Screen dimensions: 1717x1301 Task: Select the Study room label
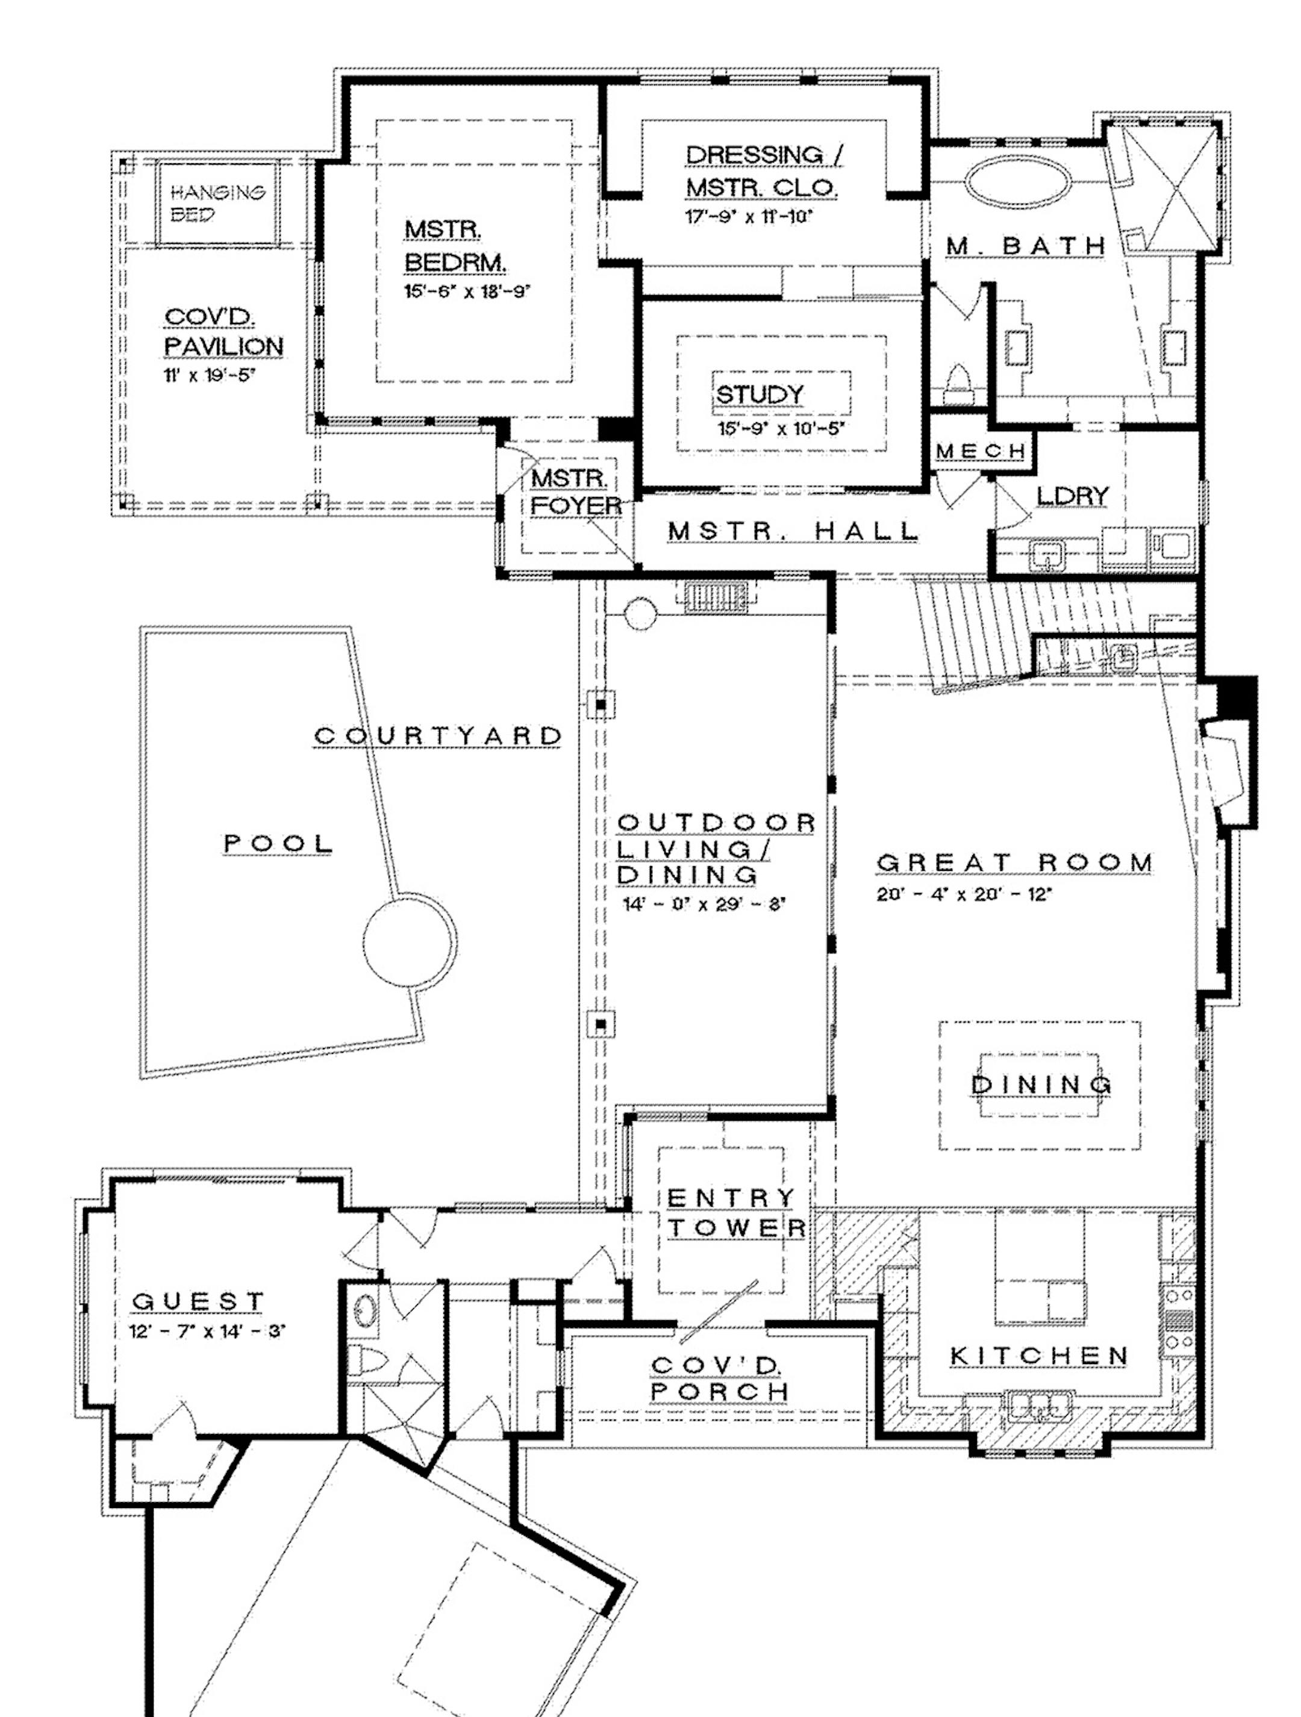click(x=759, y=395)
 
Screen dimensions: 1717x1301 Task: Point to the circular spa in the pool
click(x=409, y=943)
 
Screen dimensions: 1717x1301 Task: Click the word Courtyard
click(x=438, y=735)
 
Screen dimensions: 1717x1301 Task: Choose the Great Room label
click(x=1014, y=862)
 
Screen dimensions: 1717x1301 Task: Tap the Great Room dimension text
click(x=964, y=894)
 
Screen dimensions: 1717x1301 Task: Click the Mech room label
click(x=981, y=451)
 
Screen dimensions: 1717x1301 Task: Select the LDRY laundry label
click(x=1073, y=496)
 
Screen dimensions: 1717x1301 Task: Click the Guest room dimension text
click(x=207, y=1331)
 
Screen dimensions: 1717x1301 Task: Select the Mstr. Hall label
click(x=793, y=531)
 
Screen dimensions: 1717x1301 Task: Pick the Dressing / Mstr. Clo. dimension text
click(x=748, y=217)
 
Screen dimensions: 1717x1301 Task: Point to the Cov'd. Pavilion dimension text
click(x=209, y=376)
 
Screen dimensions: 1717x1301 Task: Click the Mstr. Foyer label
click(x=576, y=492)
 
